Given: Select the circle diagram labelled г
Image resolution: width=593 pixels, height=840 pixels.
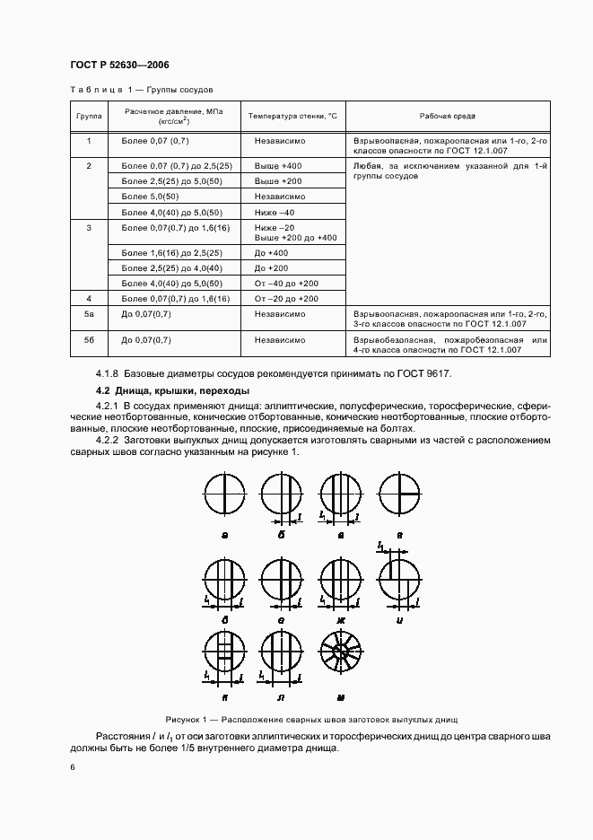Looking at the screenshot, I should pyautogui.click(x=400, y=493).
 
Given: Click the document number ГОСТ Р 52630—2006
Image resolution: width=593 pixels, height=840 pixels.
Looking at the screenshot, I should pyautogui.click(x=119, y=66).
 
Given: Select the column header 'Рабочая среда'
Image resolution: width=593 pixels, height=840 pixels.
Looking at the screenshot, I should pyautogui.click(x=448, y=117).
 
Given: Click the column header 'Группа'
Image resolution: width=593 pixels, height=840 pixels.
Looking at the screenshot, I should pyautogui.click(x=89, y=117).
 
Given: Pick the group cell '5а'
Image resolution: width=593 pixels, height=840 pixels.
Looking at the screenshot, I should pyautogui.click(x=89, y=314).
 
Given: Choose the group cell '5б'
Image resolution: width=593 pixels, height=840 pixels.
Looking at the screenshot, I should pyautogui.click(x=89, y=340).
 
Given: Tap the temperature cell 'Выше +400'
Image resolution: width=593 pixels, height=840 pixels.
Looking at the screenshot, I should pyautogui.click(x=278, y=167).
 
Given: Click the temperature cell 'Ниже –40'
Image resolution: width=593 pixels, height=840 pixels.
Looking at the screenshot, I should pyautogui.click(x=275, y=212).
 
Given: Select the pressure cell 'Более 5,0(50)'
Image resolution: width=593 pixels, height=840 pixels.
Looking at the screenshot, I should pyautogui.click(x=150, y=197).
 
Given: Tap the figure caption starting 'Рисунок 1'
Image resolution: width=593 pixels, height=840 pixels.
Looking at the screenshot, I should pyautogui.click(x=312, y=720).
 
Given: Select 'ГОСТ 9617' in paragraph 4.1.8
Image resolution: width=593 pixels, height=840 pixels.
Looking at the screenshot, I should pyautogui.click(x=432, y=373).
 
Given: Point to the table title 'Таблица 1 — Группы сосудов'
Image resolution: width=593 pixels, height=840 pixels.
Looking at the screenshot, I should pyautogui.click(x=142, y=90).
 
